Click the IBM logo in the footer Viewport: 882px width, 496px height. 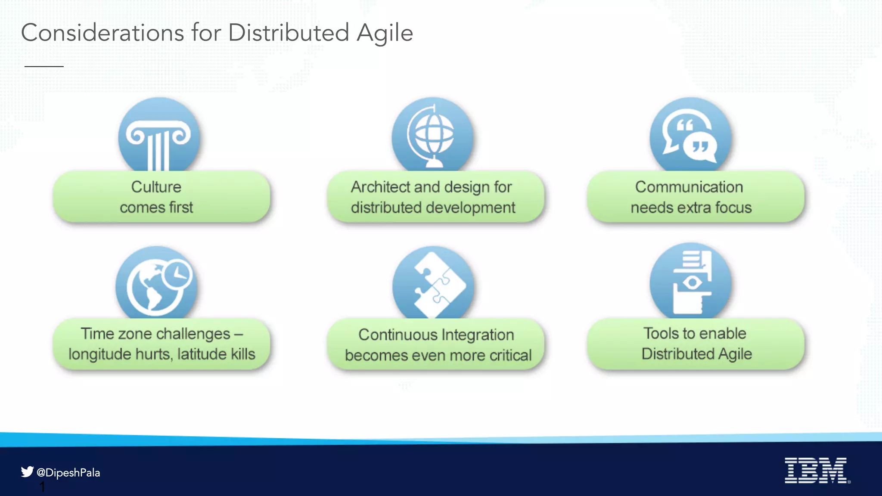point(817,470)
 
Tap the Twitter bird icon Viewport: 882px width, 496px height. point(27,471)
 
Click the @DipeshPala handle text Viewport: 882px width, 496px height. point(68,473)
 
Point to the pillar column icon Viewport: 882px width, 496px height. point(159,142)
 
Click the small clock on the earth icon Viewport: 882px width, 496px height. point(177,274)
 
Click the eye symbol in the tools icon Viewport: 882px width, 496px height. point(692,283)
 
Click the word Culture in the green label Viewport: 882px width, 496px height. point(156,187)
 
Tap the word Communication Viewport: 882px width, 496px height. point(689,187)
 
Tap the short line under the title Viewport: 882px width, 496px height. point(44,66)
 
